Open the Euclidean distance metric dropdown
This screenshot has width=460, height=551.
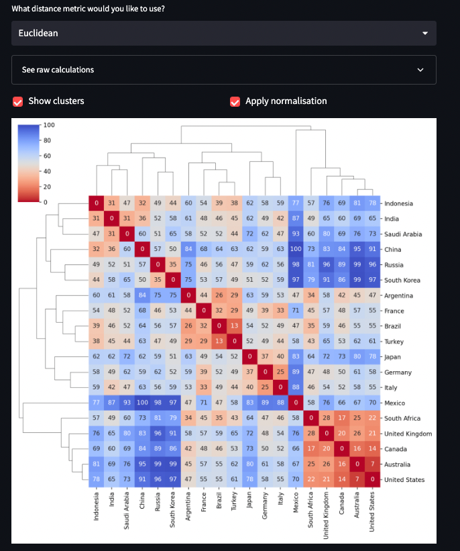coord(223,33)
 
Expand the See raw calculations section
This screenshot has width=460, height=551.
coord(223,70)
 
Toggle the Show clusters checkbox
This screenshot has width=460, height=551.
coord(18,101)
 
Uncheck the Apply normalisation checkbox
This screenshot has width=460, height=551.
coord(235,101)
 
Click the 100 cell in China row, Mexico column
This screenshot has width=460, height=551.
coord(296,250)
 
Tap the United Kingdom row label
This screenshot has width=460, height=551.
coord(408,434)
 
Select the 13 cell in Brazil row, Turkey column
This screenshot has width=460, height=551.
coord(234,326)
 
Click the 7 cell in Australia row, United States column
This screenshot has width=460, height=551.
coord(372,464)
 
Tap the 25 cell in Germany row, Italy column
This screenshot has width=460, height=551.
coord(280,372)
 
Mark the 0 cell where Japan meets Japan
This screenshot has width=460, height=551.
coord(249,357)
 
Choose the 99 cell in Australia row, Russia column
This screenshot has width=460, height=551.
coord(158,464)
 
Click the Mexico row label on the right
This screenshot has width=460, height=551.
coord(396,403)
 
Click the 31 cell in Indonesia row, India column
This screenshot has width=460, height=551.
coord(111,203)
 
